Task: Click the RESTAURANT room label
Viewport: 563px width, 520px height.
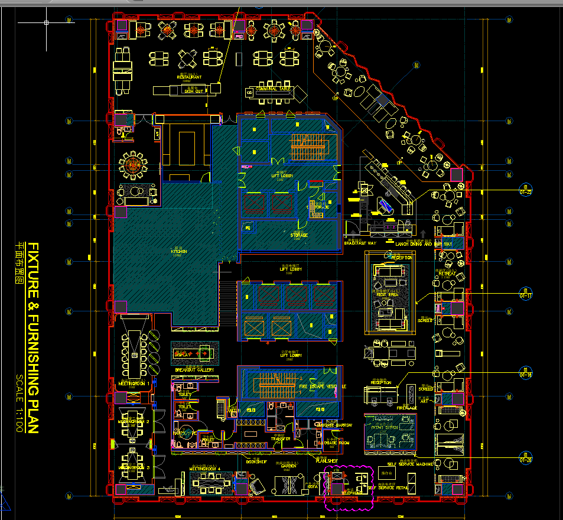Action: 189,77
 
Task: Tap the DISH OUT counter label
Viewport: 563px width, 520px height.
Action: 194,91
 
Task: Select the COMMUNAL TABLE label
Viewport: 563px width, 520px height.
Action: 274,89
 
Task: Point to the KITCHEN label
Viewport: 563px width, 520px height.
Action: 178,252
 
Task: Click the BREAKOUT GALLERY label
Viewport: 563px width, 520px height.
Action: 194,370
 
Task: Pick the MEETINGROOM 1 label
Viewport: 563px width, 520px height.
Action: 134,383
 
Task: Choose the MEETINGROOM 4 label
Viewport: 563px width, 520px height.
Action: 204,469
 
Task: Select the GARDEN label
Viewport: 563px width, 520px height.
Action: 288,466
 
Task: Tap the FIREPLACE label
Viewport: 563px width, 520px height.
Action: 406,408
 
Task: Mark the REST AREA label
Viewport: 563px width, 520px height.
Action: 388,294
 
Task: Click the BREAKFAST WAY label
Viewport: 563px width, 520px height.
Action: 360,243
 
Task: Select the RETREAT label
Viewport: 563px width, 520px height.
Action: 447,274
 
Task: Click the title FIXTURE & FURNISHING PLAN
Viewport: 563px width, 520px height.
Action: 34,337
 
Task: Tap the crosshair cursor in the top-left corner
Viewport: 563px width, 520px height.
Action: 46,23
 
